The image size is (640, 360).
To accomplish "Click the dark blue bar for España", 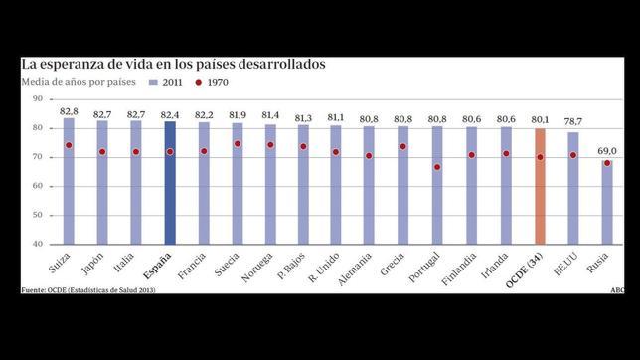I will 170,184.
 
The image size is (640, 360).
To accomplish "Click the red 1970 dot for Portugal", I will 438,167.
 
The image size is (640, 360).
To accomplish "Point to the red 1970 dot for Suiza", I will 69,145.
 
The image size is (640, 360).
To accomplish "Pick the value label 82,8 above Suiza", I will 69,111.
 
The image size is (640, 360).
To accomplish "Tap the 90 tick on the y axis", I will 38,99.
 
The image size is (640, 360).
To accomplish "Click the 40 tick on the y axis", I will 38,244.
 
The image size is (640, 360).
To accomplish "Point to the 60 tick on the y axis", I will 38,186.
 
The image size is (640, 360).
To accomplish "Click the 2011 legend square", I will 152,83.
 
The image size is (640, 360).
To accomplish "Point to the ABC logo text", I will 616,291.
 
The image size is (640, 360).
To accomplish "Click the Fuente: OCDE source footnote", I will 89,291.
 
